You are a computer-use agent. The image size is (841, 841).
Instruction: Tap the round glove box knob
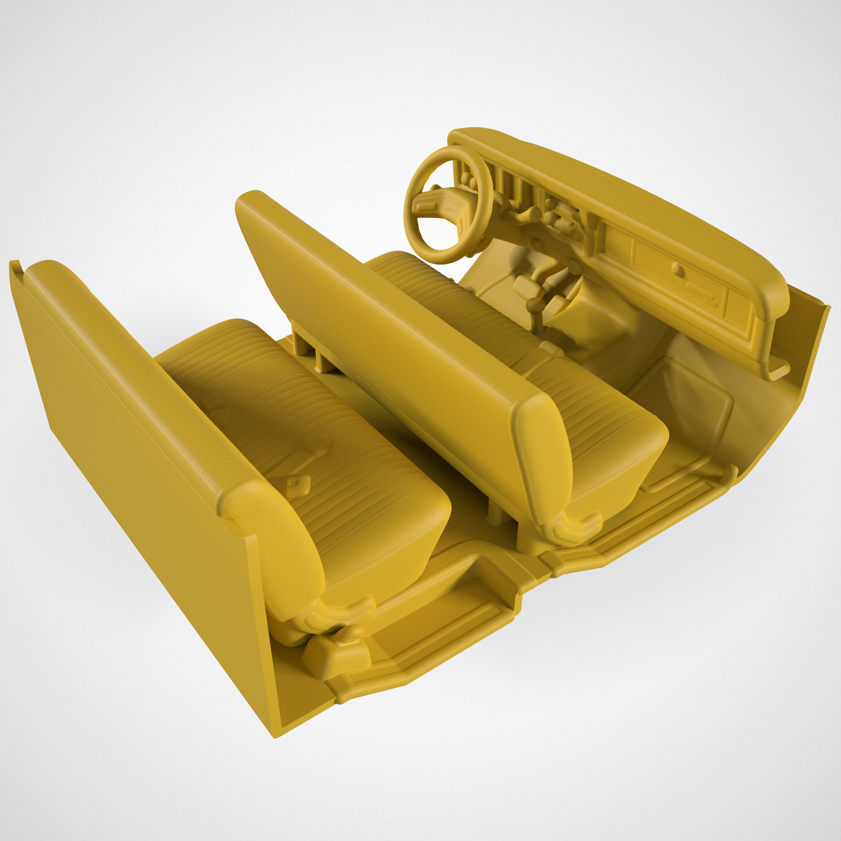677,269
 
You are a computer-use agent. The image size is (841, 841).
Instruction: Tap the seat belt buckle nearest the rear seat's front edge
297,483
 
